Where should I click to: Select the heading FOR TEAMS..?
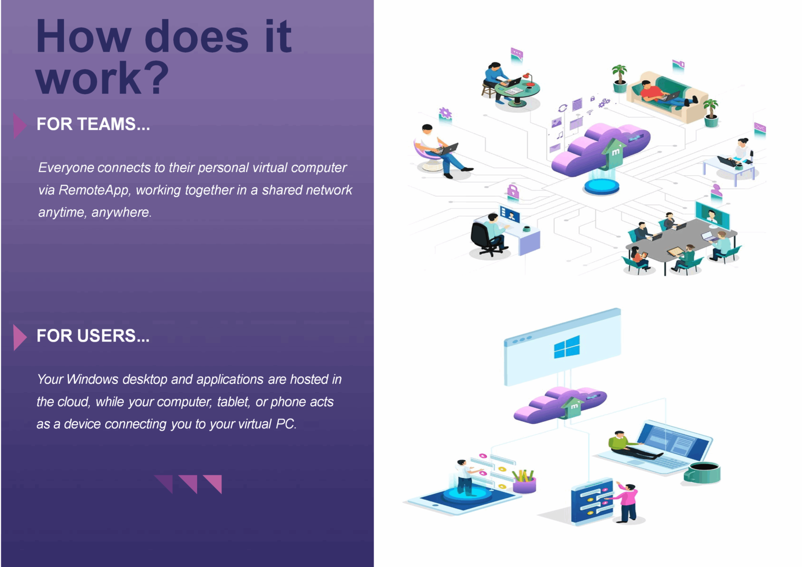pyautogui.click(x=93, y=124)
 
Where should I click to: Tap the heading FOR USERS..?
pyautogui.click(x=93, y=336)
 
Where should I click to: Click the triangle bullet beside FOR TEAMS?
pyautogui.click(x=20, y=125)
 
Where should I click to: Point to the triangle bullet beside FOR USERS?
pyautogui.click(x=20, y=337)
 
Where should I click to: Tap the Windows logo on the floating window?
pyautogui.click(x=567, y=347)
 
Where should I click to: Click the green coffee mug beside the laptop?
pyautogui.click(x=703, y=473)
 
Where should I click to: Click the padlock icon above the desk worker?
pyautogui.click(x=513, y=192)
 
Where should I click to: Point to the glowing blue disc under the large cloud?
pyautogui.click(x=602, y=186)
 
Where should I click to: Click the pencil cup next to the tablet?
pyautogui.click(x=524, y=481)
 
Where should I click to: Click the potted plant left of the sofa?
pyautogui.click(x=620, y=78)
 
